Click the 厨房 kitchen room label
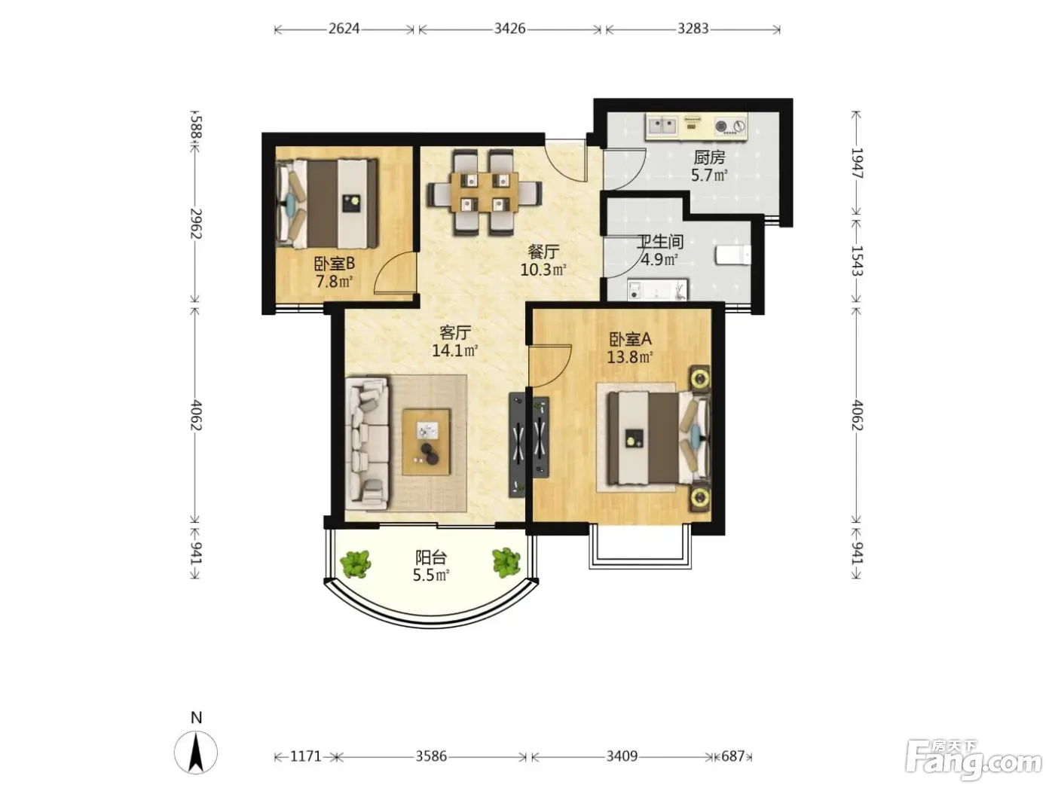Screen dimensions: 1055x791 [709, 157]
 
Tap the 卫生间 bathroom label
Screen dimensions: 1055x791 [659, 242]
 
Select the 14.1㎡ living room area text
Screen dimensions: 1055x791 [454, 350]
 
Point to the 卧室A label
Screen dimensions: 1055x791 [630, 340]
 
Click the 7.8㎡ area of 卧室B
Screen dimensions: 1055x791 [334, 282]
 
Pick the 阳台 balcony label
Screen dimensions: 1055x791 [431, 557]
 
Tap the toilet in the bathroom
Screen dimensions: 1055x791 [733, 255]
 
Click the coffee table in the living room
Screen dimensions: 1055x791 [427, 442]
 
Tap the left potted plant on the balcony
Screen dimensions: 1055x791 [356, 563]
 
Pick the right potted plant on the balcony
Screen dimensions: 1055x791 [506, 563]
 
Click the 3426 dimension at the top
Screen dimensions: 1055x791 [509, 29]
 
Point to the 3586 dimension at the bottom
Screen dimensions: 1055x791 [431, 756]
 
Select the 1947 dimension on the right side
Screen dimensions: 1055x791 [857, 163]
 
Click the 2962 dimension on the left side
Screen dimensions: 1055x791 [196, 223]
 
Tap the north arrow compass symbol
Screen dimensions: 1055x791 [196, 752]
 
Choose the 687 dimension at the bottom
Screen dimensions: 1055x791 [732, 756]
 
